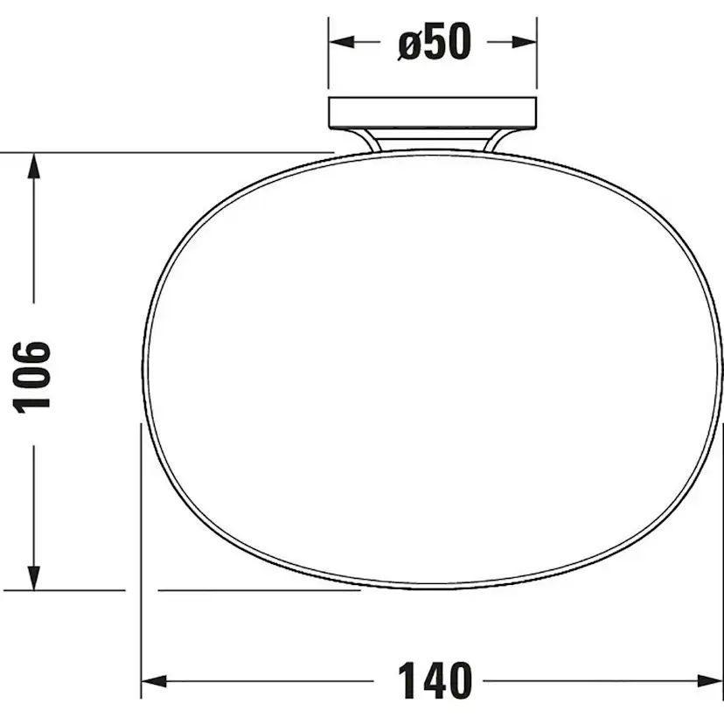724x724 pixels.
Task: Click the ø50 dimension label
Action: (434, 41)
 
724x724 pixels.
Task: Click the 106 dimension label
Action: (33, 375)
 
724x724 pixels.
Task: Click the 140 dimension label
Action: (435, 680)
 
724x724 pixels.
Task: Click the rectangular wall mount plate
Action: (432, 114)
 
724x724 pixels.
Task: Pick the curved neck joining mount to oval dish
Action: (432, 141)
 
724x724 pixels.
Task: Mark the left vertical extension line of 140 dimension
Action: (141, 560)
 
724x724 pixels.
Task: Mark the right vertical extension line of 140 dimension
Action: (722, 560)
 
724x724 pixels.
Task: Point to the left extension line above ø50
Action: (329, 61)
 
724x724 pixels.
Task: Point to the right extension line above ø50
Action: (536, 61)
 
